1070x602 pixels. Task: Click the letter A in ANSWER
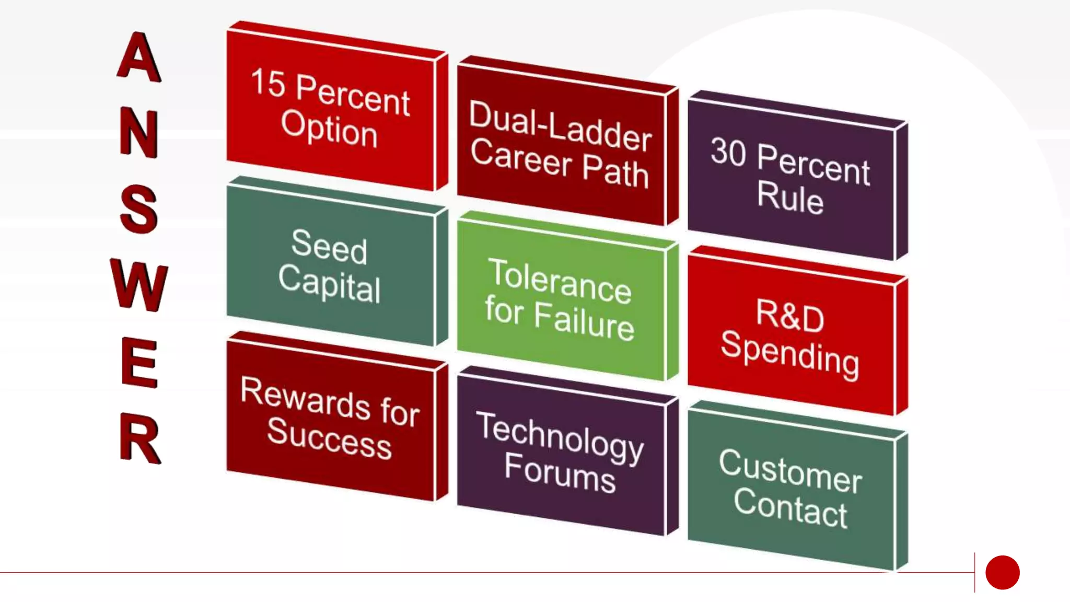(138, 57)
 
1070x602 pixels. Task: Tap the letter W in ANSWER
(139, 285)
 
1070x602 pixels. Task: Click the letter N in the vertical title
(139, 133)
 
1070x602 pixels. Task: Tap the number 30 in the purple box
(728, 152)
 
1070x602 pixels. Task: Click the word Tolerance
(560, 281)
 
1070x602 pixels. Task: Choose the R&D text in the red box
(790, 315)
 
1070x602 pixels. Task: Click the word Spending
(790, 354)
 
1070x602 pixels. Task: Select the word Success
(329, 438)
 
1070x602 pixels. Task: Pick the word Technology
(560, 438)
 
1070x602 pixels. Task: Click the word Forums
(560, 473)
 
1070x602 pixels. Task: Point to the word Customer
(790, 470)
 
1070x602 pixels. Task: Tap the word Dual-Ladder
(560, 126)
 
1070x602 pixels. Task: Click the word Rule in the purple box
(790, 197)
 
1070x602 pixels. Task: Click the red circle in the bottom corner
(1002, 572)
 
